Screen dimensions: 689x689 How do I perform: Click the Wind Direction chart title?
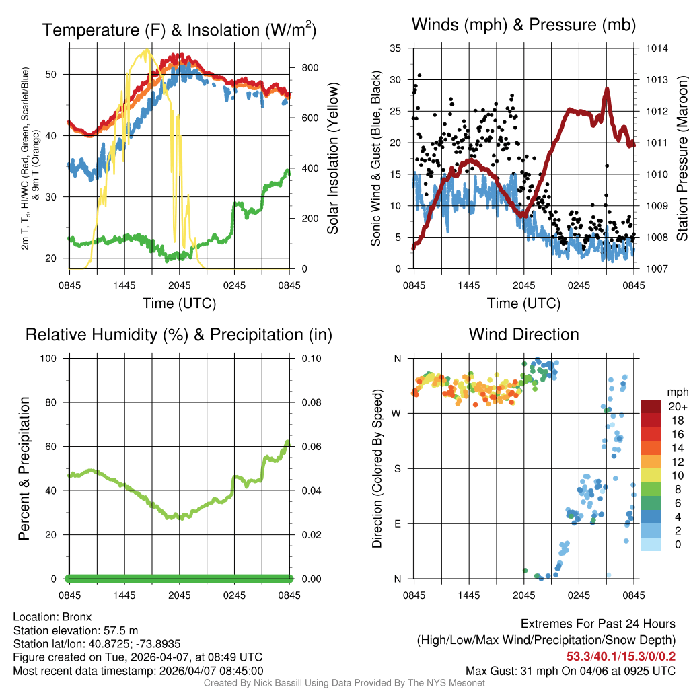(x=523, y=334)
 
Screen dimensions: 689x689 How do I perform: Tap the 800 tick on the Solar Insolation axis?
(x=310, y=68)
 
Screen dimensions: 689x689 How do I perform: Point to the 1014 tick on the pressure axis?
(x=656, y=48)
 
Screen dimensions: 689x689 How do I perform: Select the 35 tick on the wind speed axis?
(x=396, y=48)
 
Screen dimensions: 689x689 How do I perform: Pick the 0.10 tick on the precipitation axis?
(x=311, y=358)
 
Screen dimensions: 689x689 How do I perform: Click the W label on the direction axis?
(x=398, y=413)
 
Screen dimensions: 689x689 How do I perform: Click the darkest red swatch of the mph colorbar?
(x=651, y=406)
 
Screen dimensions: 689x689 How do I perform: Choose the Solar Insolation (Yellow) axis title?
(x=332, y=159)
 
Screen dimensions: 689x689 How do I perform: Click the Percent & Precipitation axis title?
(x=24, y=468)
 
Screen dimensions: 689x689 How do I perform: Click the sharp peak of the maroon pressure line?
(x=607, y=89)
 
